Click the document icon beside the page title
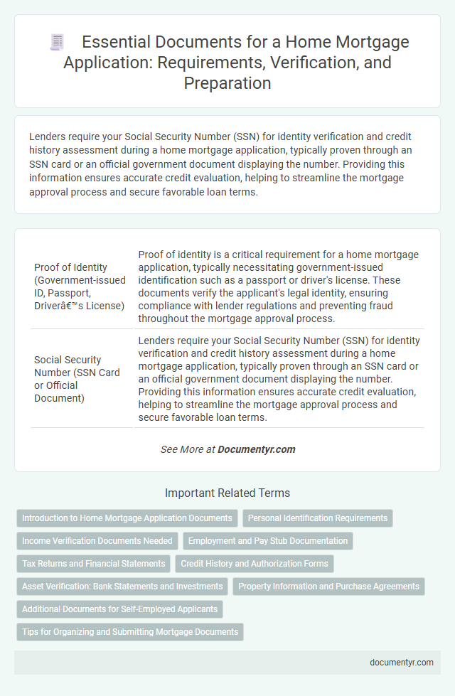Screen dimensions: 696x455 (57, 43)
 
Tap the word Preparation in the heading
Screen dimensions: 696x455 (227, 82)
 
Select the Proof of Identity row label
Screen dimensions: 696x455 (80, 287)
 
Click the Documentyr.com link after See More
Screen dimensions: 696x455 (257, 449)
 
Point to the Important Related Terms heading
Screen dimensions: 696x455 (227, 493)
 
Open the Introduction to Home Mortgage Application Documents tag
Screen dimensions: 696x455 (127, 518)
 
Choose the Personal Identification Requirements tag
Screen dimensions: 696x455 (318, 518)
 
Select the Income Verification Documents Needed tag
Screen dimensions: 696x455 (97, 541)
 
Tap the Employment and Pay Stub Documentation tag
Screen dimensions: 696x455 (267, 541)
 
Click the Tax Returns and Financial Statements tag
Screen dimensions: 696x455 (94, 564)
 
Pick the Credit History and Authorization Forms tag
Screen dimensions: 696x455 (255, 564)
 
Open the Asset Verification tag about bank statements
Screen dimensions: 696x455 (122, 587)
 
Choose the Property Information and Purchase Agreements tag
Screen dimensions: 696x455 (328, 587)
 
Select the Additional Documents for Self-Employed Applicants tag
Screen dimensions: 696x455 (119, 609)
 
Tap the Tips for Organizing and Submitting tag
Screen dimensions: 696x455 (130, 632)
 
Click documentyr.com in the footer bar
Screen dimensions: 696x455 (401, 662)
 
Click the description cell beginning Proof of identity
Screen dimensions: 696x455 (279, 287)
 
